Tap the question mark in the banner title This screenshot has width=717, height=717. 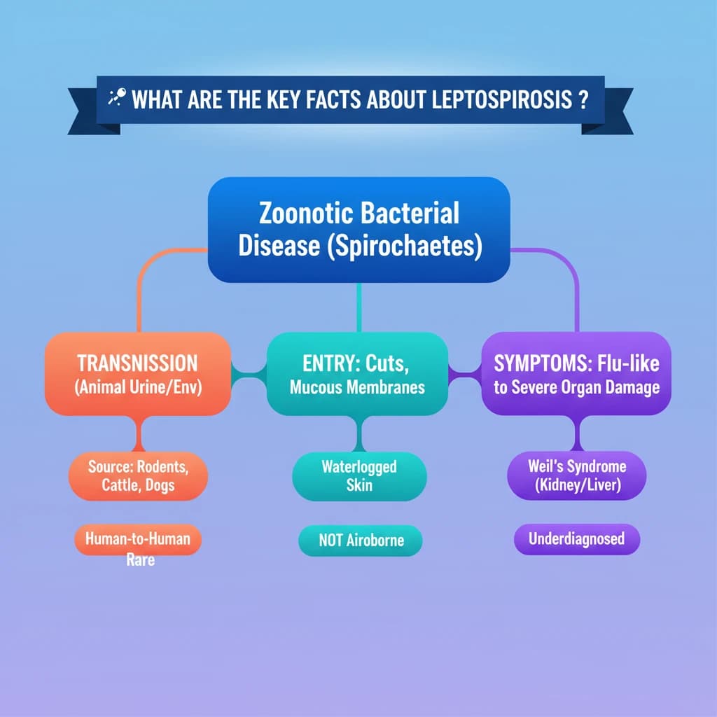[583, 99]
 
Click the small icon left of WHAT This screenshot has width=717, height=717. [117, 97]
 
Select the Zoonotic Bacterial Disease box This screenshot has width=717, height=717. [359, 230]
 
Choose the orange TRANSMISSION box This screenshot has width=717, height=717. [138, 374]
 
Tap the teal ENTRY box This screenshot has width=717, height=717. [357, 374]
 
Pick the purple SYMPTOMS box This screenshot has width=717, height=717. [576, 374]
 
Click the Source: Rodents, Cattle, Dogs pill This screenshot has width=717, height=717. [138, 476]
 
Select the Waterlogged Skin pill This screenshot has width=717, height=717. [359, 476]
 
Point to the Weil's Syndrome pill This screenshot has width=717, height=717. [577, 475]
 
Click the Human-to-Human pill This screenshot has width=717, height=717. [138, 540]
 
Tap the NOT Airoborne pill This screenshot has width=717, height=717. [361, 541]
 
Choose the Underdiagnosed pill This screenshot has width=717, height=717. [577, 539]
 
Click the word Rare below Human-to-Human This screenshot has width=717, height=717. [140, 560]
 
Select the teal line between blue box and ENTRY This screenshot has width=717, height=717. [359, 307]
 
